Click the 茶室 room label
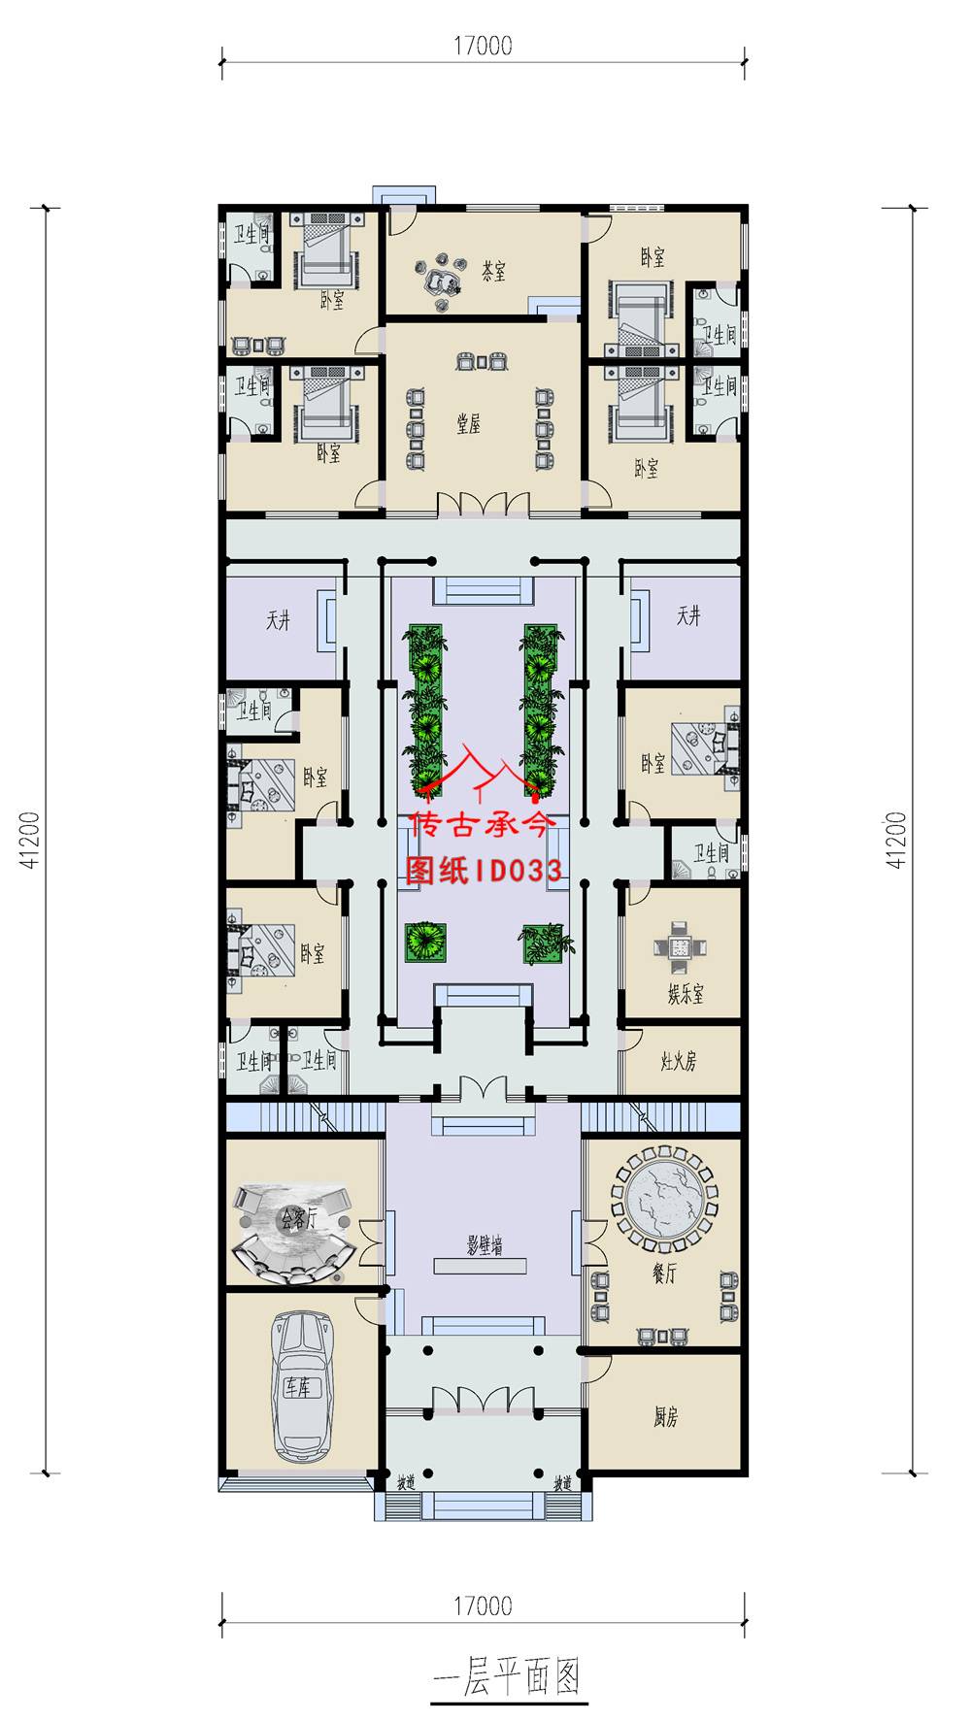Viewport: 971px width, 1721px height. (494, 271)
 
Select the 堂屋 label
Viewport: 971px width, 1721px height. (469, 423)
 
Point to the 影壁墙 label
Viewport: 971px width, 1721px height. (485, 1245)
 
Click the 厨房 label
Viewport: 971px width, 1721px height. (665, 1417)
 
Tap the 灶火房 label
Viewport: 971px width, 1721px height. (679, 1061)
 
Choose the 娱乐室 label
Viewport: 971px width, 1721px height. (686, 994)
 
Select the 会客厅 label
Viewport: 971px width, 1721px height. (298, 1218)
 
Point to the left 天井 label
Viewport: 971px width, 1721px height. (279, 619)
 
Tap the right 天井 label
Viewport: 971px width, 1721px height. (688, 615)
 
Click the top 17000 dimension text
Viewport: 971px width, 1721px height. (483, 46)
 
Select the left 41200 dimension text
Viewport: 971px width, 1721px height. (32, 840)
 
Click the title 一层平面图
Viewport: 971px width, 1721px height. (508, 1676)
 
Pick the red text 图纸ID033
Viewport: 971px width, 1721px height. (484, 870)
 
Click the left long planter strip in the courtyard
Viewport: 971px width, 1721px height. (425, 709)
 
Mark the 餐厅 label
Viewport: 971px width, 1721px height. (664, 1274)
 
